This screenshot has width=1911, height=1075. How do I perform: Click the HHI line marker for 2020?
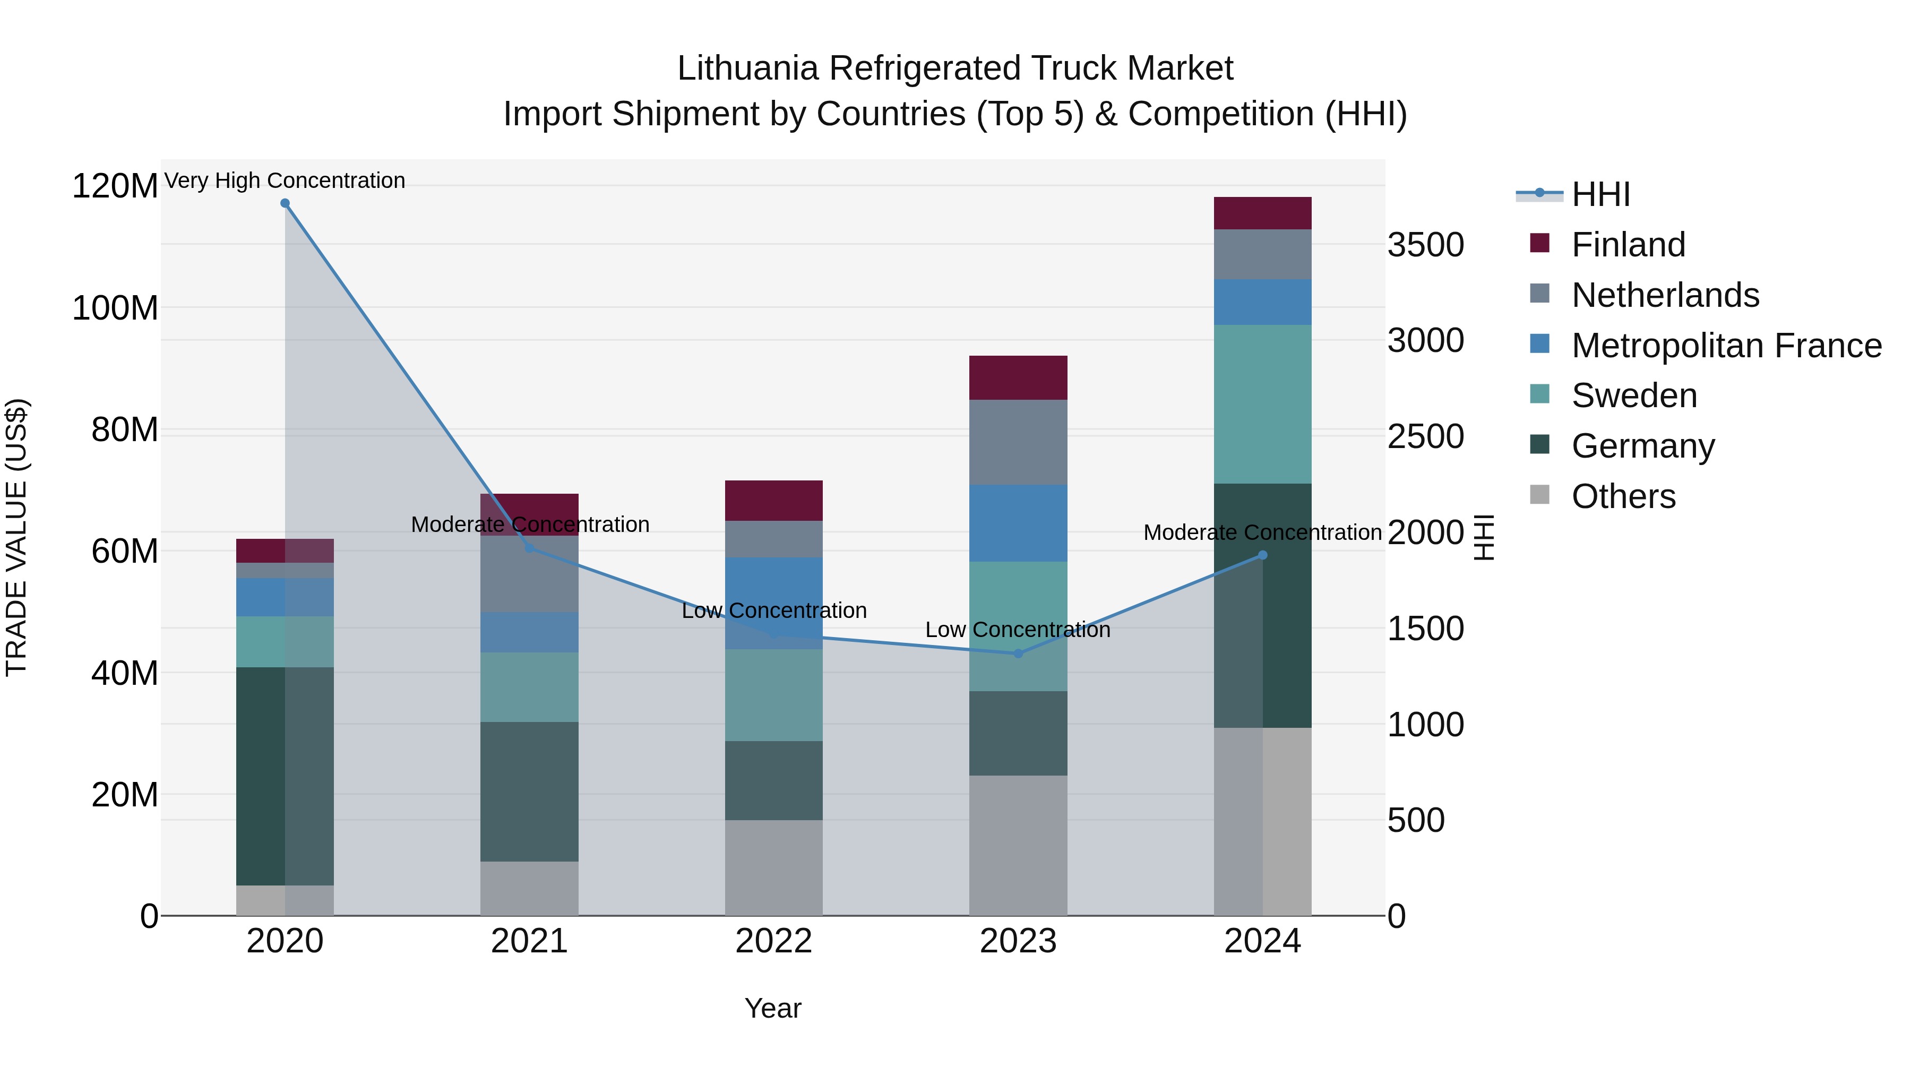pos(285,203)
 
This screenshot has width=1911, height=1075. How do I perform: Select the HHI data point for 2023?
pos(1018,653)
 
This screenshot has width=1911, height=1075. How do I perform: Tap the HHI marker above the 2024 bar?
pos(1263,555)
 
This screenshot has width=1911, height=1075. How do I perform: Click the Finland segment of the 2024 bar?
pos(1263,213)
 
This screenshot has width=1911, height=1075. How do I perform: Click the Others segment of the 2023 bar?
pos(1018,845)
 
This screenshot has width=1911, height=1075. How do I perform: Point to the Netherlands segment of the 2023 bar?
pos(1018,442)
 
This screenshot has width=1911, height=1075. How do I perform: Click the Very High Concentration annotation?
pos(285,180)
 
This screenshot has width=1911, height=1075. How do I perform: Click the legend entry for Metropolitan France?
pos(1726,346)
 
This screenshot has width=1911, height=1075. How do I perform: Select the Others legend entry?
pos(1623,496)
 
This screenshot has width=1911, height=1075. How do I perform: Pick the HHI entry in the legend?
pos(1601,194)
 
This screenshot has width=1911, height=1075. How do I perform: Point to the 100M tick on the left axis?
pos(115,308)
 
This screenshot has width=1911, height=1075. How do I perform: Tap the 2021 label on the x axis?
pos(529,941)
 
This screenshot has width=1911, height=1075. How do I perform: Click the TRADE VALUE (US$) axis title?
pos(17,537)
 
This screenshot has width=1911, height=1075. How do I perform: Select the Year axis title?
pos(773,1008)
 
